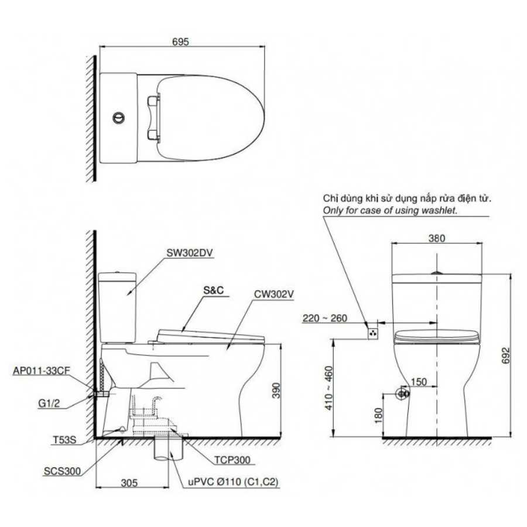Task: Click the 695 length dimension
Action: pos(180,42)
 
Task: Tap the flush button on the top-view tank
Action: pos(118,118)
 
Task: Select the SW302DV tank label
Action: pos(190,253)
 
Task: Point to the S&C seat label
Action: pos(213,290)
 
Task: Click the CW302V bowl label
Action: pos(274,295)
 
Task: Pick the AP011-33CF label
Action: pos(42,371)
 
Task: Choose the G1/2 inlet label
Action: pos(49,403)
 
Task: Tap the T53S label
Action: pos(64,440)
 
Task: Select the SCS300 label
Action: pos(62,471)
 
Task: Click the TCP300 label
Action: pos(232,460)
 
